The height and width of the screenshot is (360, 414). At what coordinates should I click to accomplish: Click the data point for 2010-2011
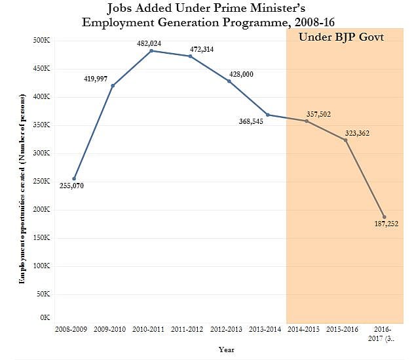click(151, 50)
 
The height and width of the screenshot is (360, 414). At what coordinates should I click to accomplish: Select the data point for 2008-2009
click(74, 178)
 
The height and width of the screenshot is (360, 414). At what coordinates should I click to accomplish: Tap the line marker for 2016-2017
click(384, 217)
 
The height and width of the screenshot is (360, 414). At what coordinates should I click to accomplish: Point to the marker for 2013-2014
click(268, 115)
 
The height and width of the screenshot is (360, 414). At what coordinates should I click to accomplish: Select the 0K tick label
click(45, 317)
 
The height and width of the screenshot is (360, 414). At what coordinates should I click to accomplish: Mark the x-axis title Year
click(227, 350)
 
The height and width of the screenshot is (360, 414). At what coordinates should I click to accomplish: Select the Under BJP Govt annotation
click(341, 37)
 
